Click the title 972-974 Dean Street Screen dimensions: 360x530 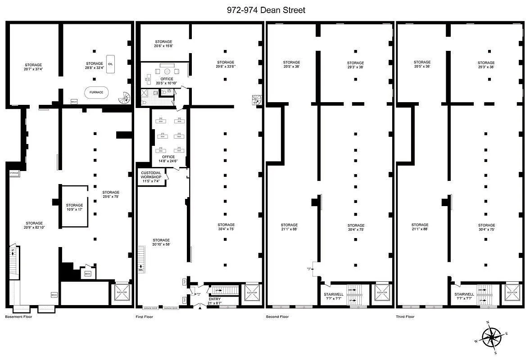(266, 10)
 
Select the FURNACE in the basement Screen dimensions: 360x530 (96, 92)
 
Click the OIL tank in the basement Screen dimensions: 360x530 (110, 64)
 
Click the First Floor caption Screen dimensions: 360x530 (145, 317)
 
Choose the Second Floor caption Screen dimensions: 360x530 (277, 317)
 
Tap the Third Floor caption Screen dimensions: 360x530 (406, 317)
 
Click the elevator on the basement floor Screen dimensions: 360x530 (122, 292)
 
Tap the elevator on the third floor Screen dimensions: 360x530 (512, 292)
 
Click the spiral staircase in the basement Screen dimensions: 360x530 (122, 98)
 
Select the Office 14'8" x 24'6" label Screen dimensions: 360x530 (168, 159)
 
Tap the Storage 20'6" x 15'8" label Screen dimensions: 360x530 (163, 43)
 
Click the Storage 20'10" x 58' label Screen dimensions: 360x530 (161, 242)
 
